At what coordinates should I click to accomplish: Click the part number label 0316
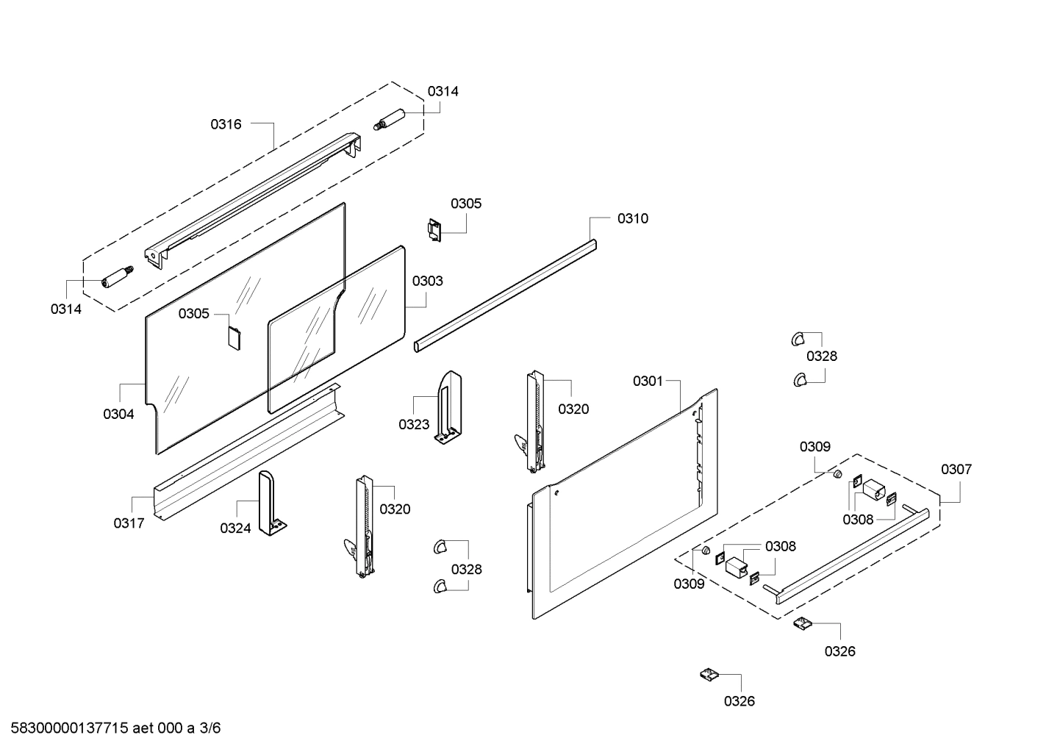[226, 124]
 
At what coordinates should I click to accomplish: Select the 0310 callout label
[632, 218]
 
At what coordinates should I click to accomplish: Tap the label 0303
[427, 281]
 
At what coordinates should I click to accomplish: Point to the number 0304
[118, 414]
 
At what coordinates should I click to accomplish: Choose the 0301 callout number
[648, 381]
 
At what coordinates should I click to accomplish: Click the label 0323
[414, 424]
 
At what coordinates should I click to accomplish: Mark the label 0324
[235, 528]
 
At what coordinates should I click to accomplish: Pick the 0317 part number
[129, 523]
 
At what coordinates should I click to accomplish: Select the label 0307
[956, 469]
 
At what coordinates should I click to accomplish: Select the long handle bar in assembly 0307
[853, 551]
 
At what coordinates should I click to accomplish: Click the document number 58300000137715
[65, 729]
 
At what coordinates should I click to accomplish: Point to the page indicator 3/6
[210, 729]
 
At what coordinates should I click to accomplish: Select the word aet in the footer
[144, 729]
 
